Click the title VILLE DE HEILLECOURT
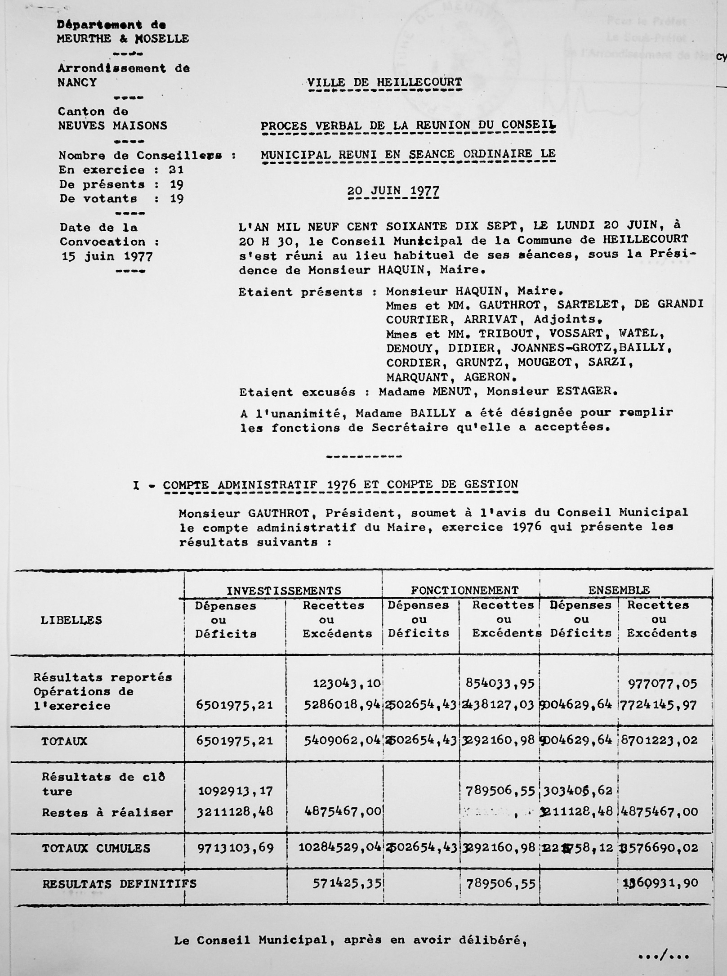click(384, 83)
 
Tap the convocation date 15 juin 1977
click(107, 257)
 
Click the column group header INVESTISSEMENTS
click(284, 591)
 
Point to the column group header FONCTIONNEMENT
click(464, 590)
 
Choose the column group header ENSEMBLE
click(619, 590)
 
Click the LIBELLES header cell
click(71, 621)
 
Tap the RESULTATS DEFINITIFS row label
click(119, 884)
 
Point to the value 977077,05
click(662, 684)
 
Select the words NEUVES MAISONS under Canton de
click(112, 126)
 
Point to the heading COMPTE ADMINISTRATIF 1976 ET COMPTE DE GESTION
click(340, 485)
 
